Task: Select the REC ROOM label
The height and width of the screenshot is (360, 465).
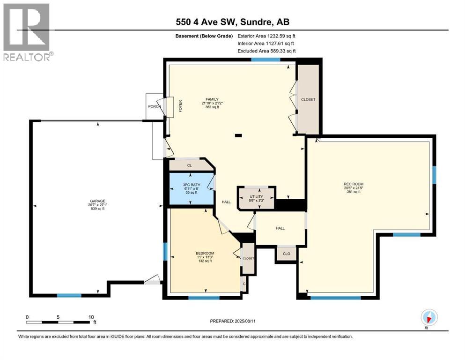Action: point(354,184)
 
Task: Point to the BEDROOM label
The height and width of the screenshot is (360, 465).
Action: point(205,254)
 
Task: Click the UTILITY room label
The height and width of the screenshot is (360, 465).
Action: point(256,197)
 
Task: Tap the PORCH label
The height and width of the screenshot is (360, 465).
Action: point(154,106)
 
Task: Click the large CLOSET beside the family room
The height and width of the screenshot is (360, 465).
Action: point(308,99)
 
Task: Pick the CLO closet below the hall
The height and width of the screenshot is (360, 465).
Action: point(286,254)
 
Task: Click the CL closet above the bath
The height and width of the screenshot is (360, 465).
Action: point(189,165)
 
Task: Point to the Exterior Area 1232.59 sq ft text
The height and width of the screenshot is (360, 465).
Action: point(266,36)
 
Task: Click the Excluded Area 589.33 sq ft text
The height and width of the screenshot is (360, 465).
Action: point(266,51)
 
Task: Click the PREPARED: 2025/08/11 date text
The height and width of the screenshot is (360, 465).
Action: point(232,321)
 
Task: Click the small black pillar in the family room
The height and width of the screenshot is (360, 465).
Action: point(238,136)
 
